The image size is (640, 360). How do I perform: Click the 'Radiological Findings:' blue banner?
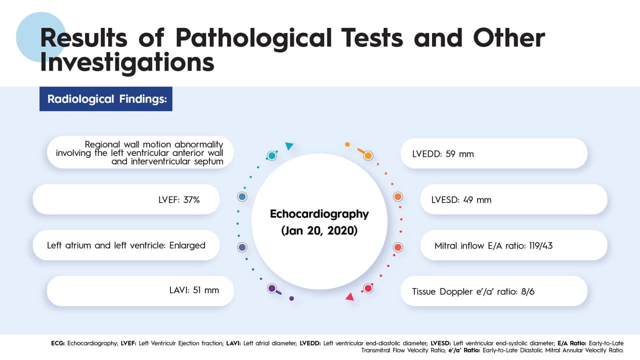(105, 99)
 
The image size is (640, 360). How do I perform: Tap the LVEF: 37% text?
(179, 199)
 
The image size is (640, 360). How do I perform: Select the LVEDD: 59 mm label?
(443, 154)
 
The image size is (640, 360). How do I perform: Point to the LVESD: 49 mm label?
(461, 199)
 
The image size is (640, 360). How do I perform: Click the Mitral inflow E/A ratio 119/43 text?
(493, 245)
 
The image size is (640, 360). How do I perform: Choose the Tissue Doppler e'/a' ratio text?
(473, 291)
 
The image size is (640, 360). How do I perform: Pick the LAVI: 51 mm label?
(194, 290)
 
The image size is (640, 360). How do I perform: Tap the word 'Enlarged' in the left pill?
(187, 245)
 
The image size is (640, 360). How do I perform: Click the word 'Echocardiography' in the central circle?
(319, 214)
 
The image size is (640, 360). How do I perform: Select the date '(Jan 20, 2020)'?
(319, 230)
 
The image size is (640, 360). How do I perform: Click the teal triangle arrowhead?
(289, 146)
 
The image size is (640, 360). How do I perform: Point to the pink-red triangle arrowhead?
(349, 297)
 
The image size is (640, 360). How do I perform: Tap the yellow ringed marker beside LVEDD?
(368, 155)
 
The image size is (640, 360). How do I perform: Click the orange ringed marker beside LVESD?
(397, 196)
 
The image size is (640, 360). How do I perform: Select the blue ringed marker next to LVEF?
(242, 196)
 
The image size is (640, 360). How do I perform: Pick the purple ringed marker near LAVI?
(272, 288)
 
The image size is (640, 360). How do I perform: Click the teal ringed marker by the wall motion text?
(271, 155)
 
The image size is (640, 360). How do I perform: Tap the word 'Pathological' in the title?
(253, 38)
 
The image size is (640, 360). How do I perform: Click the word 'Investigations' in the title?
(127, 63)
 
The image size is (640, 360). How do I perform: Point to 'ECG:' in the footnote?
(58, 343)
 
